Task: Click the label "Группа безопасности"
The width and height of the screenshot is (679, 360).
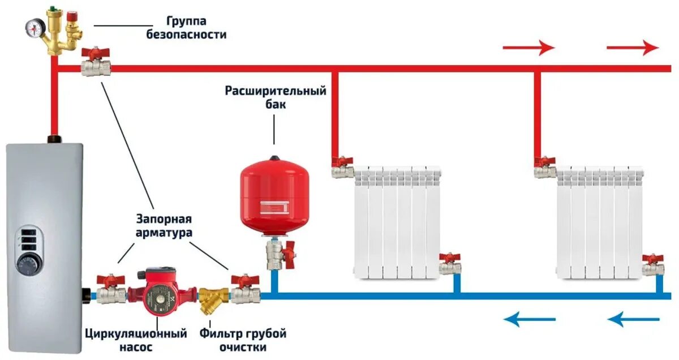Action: tap(196, 28)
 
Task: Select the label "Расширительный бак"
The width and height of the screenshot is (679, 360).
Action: tap(276, 97)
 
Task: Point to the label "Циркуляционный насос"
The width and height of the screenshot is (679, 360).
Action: tap(136, 340)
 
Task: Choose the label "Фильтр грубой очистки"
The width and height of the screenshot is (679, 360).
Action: tap(243, 340)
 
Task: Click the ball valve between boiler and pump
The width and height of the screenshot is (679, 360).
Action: tap(110, 289)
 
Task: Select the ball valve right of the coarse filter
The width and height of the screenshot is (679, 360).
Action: tap(246, 289)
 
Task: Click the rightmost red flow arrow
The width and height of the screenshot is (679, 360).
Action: tap(632, 48)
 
